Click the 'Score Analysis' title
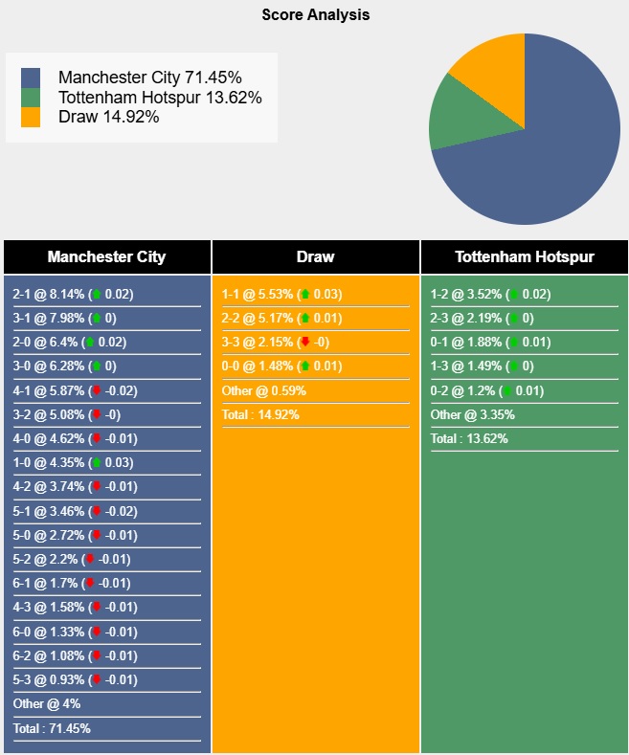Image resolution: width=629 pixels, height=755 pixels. pos(315,15)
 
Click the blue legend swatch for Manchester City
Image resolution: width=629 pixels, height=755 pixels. pos(31,78)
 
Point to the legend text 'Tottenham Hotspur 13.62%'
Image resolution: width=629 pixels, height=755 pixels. pos(160,98)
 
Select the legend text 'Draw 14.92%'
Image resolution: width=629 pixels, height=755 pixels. pos(108,117)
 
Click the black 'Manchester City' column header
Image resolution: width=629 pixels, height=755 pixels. pos(106,256)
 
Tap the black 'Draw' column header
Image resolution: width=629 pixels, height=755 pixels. pos(315,256)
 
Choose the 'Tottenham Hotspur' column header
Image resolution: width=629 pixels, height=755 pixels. pos(524,256)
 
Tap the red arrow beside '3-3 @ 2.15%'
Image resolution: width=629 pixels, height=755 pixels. pos(304,343)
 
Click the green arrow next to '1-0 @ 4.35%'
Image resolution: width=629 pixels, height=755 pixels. pos(96,463)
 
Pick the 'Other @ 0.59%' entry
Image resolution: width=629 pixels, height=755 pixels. pos(264,390)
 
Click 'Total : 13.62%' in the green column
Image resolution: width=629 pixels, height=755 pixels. pos(469,439)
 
